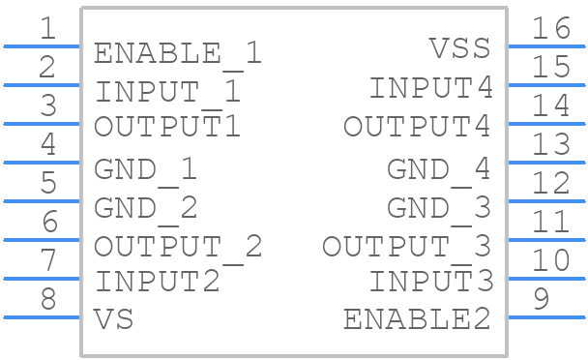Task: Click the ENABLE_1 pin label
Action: click(x=177, y=54)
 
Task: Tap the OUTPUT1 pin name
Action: click(x=167, y=126)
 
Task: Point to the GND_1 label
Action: click(x=145, y=171)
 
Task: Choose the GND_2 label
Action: click(x=145, y=210)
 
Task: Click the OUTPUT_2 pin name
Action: click(x=178, y=249)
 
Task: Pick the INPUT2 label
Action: click(x=158, y=282)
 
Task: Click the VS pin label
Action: click(x=113, y=319)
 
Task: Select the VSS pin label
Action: click(x=459, y=48)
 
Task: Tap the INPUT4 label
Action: click(x=431, y=87)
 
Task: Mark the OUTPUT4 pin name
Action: click(x=417, y=126)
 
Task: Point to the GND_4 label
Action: click(x=439, y=171)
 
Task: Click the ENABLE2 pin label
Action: click(x=417, y=319)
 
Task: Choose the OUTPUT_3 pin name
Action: click(x=406, y=249)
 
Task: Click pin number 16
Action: click(x=551, y=28)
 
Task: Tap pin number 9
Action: click(x=542, y=299)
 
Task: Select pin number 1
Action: click(x=48, y=28)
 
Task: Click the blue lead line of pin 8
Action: click(x=42, y=317)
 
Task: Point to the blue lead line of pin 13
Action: click(x=546, y=163)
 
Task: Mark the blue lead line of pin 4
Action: click(x=42, y=163)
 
